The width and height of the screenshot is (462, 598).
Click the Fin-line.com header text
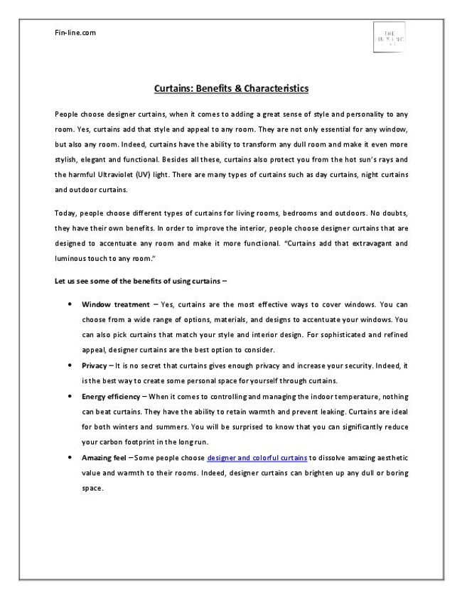coord(75,32)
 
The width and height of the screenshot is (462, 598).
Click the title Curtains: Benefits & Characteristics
coord(231,89)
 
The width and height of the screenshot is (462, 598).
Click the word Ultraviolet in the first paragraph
coord(124,175)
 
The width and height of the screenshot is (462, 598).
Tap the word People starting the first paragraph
coord(67,114)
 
